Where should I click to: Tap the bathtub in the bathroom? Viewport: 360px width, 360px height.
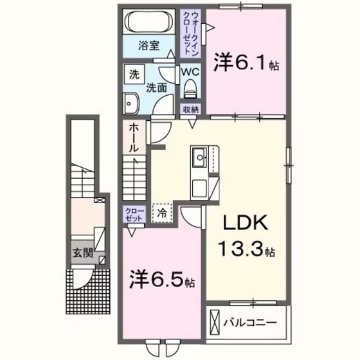pyautogui.click(x=147, y=22)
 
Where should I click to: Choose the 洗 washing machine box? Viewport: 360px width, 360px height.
pyautogui.click(x=134, y=74)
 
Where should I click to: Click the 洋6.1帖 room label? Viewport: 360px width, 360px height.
pyautogui.click(x=248, y=64)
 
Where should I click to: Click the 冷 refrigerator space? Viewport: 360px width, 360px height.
pyautogui.click(x=163, y=211)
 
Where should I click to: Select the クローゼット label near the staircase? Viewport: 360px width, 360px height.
pyautogui.click(x=134, y=215)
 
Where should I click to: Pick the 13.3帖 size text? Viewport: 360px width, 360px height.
pyautogui.click(x=248, y=250)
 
